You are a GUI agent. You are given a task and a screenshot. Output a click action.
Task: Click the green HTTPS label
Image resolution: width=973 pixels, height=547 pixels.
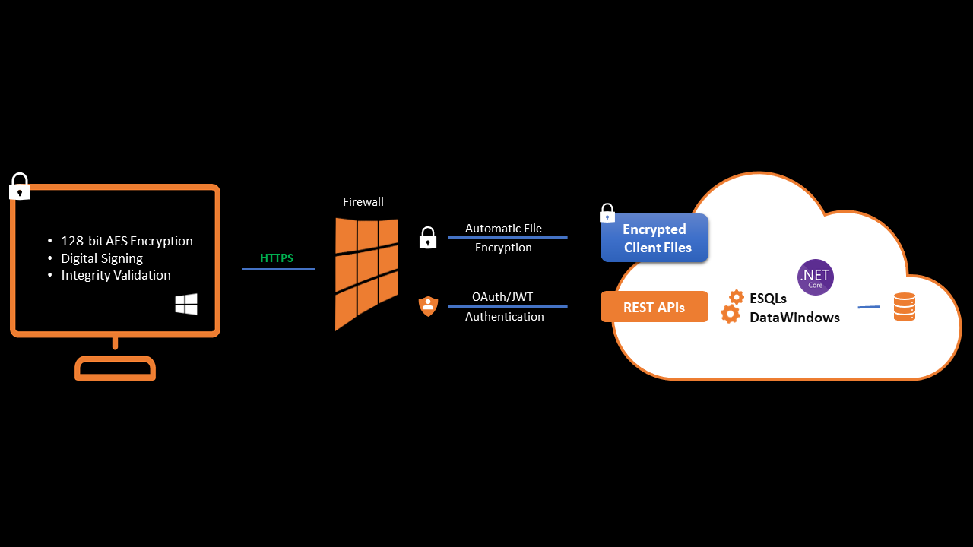click(x=277, y=258)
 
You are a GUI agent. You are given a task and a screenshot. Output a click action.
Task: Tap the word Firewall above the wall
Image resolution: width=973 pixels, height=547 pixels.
click(x=363, y=202)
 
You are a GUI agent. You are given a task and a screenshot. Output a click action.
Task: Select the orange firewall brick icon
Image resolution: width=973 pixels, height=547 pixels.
click(x=366, y=273)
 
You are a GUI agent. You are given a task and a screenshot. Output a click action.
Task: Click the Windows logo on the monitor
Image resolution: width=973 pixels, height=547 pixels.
click(x=186, y=304)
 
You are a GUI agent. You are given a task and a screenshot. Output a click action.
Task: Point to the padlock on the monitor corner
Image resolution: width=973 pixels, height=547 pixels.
click(x=20, y=187)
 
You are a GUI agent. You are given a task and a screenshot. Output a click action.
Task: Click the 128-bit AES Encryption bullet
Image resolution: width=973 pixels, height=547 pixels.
click(x=126, y=241)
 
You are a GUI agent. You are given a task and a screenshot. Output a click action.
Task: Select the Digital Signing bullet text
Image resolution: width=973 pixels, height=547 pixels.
click(x=102, y=258)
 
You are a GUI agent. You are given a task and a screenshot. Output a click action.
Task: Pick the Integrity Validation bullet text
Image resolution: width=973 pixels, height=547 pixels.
click(x=116, y=275)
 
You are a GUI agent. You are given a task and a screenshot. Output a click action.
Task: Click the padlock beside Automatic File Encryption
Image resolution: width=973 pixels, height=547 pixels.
click(x=428, y=238)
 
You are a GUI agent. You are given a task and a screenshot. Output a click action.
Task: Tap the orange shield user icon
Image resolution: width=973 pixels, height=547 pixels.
click(x=429, y=306)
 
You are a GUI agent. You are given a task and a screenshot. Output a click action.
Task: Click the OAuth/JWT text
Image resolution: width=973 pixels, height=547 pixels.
click(x=502, y=296)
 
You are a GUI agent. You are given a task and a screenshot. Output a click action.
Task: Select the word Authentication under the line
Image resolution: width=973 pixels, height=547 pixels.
click(x=504, y=317)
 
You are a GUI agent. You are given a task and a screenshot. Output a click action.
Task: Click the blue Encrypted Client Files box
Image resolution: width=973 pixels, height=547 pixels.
click(x=654, y=238)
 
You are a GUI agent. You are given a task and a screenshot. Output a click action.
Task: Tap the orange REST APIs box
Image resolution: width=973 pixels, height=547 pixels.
click(x=654, y=308)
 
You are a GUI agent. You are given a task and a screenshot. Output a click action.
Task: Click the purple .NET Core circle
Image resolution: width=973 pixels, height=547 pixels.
click(x=815, y=277)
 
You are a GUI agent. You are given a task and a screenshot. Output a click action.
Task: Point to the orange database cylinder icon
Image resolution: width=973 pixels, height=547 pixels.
click(x=904, y=307)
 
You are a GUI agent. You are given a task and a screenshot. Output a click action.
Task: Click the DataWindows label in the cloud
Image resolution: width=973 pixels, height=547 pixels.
click(x=794, y=318)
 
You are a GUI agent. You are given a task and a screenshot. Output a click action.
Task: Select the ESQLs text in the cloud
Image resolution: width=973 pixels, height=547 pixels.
click(x=768, y=298)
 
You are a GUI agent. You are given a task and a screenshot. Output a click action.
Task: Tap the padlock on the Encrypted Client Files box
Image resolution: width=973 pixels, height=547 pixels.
click(x=607, y=213)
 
